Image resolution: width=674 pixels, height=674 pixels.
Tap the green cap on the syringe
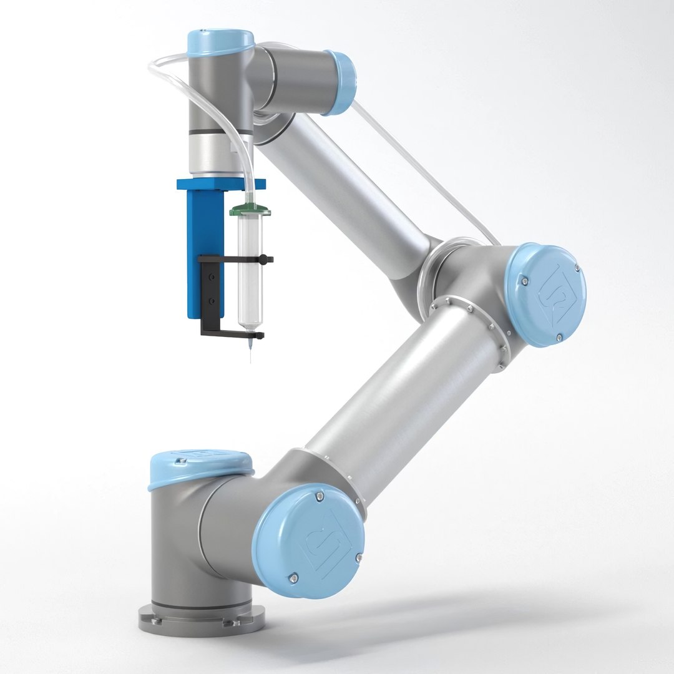coord(249,210)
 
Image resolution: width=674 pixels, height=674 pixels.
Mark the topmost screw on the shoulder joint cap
coord(320,496)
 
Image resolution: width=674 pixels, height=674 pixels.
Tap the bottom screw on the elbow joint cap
coord(559,338)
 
